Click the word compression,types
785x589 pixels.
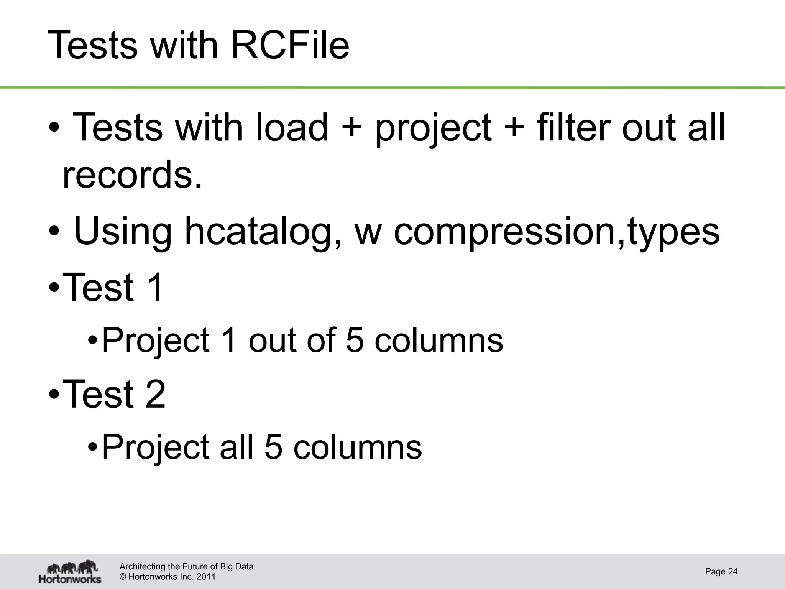point(557,231)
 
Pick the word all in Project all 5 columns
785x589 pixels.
point(236,447)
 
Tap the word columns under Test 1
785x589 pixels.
point(438,340)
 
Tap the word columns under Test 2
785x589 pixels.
point(357,447)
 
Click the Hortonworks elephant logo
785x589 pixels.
point(71,571)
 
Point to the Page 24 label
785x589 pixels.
point(721,571)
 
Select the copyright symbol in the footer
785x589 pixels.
point(123,577)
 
